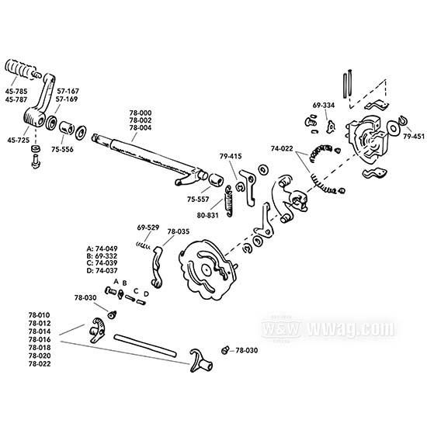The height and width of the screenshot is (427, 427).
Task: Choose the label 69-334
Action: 324,104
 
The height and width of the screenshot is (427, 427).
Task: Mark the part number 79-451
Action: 414,137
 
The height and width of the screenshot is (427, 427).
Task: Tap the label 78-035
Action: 177,231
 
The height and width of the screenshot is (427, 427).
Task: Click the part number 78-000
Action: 141,113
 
